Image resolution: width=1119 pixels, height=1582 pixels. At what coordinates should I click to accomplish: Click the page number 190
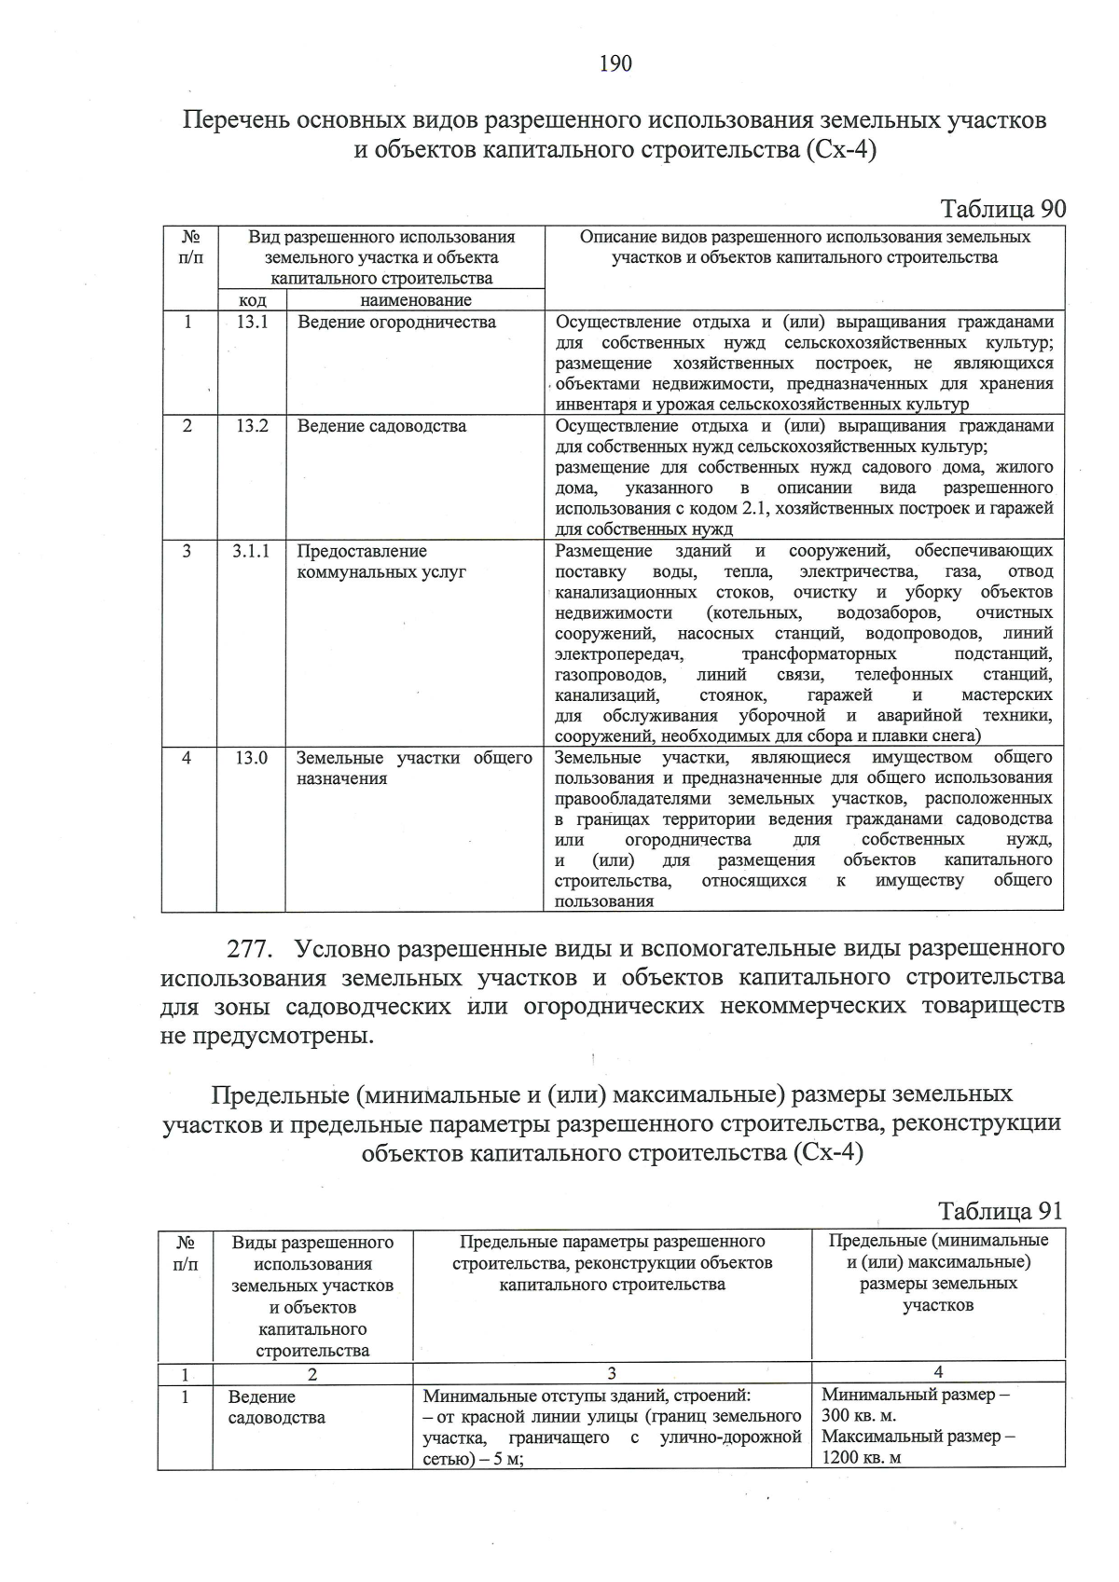615,63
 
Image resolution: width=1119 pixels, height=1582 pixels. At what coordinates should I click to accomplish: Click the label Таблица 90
1002,209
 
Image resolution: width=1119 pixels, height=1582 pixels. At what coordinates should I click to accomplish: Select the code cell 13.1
252,323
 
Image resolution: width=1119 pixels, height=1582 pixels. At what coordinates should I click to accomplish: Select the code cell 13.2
252,426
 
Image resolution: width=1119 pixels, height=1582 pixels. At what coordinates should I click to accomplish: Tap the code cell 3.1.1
252,551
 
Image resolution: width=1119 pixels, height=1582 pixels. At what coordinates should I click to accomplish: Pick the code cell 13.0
252,758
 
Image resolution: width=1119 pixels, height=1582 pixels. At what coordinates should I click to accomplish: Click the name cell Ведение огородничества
396,323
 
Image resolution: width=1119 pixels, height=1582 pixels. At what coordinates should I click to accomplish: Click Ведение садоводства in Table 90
381,426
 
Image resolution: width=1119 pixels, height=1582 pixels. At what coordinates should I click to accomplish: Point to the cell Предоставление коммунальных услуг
381,561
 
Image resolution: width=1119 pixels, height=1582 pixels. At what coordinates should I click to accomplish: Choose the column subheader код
252,300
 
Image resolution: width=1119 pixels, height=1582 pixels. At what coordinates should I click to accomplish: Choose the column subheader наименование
415,300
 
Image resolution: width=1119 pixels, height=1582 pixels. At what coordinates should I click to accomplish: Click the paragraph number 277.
251,949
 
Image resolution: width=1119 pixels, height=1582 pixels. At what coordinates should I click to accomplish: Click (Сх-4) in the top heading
838,150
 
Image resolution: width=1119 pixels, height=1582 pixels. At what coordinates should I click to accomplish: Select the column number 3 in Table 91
612,1372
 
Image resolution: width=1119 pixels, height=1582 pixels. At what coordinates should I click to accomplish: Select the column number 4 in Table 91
938,1371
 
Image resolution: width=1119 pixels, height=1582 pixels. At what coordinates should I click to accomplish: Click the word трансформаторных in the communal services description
819,653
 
